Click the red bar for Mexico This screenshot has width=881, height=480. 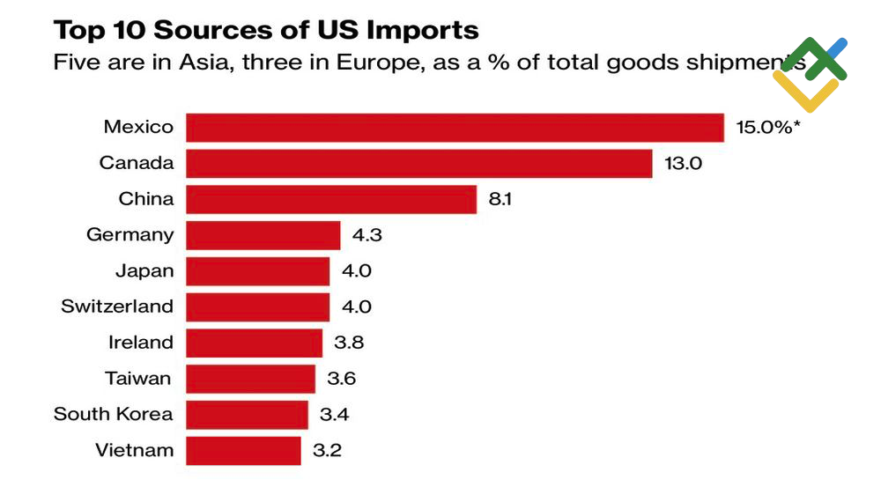455,127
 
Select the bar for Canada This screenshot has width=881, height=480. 419,163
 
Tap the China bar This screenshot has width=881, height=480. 331,199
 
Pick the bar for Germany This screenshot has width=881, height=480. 263,235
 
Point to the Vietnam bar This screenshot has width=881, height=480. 244,451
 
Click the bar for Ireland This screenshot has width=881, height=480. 255,343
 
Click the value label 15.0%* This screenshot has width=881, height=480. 768,127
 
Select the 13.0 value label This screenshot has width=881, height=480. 684,163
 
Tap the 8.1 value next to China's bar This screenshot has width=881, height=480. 500,199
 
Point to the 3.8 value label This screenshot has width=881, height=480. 345,343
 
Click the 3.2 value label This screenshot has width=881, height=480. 327,451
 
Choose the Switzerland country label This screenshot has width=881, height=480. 117,306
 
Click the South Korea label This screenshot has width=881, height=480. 114,414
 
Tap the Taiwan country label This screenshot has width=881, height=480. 137,379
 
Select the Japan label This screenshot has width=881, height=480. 144,270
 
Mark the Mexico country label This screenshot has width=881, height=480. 138,127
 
